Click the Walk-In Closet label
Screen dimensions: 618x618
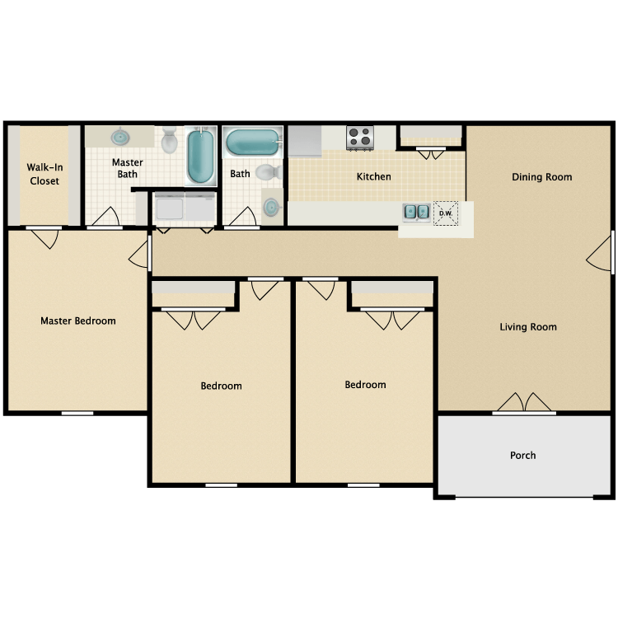coord(44,175)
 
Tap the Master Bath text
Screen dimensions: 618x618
coord(128,169)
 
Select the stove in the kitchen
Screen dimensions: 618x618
coord(360,138)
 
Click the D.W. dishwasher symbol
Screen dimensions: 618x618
coord(446,213)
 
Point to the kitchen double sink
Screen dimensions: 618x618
coord(416,213)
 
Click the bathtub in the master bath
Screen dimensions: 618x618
coord(201,157)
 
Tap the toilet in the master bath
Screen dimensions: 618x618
coord(170,140)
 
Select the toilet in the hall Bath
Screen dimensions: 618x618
coord(265,173)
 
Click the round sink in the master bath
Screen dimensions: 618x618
coord(121,137)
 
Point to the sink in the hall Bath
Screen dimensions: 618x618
coord(271,205)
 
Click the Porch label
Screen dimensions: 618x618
coord(523,455)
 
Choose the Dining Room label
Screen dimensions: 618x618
coord(541,177)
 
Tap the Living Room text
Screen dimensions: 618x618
coord(528,327)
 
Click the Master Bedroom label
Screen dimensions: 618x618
coord(78,321)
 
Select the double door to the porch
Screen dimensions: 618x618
coord(525,403)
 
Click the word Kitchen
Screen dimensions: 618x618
coord(373,176)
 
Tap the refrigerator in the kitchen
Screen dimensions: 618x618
coord(303,140)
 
